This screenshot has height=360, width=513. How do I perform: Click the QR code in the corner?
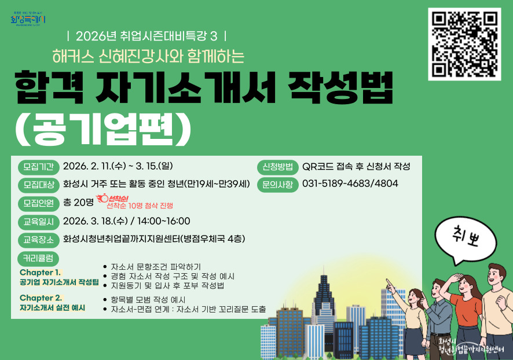(464, 44)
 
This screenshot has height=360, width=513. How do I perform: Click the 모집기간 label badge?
(38, 167)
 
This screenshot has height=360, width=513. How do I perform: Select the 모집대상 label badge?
(38, 185)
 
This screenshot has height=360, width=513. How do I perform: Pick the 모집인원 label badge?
(38, 203)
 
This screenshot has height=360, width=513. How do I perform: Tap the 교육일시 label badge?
(38, 221)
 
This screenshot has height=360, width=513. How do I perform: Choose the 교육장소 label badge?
(38, 239)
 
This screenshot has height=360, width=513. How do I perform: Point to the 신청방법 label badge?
(277, 167)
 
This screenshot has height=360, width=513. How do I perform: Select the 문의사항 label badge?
(277, 185)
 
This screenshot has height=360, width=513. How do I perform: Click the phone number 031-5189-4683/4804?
(350, 184)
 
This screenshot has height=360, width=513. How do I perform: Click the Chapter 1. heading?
(40, 272)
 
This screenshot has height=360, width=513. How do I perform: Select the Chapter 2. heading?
(40, 297)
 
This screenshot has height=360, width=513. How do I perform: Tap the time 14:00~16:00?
(164, 221)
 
